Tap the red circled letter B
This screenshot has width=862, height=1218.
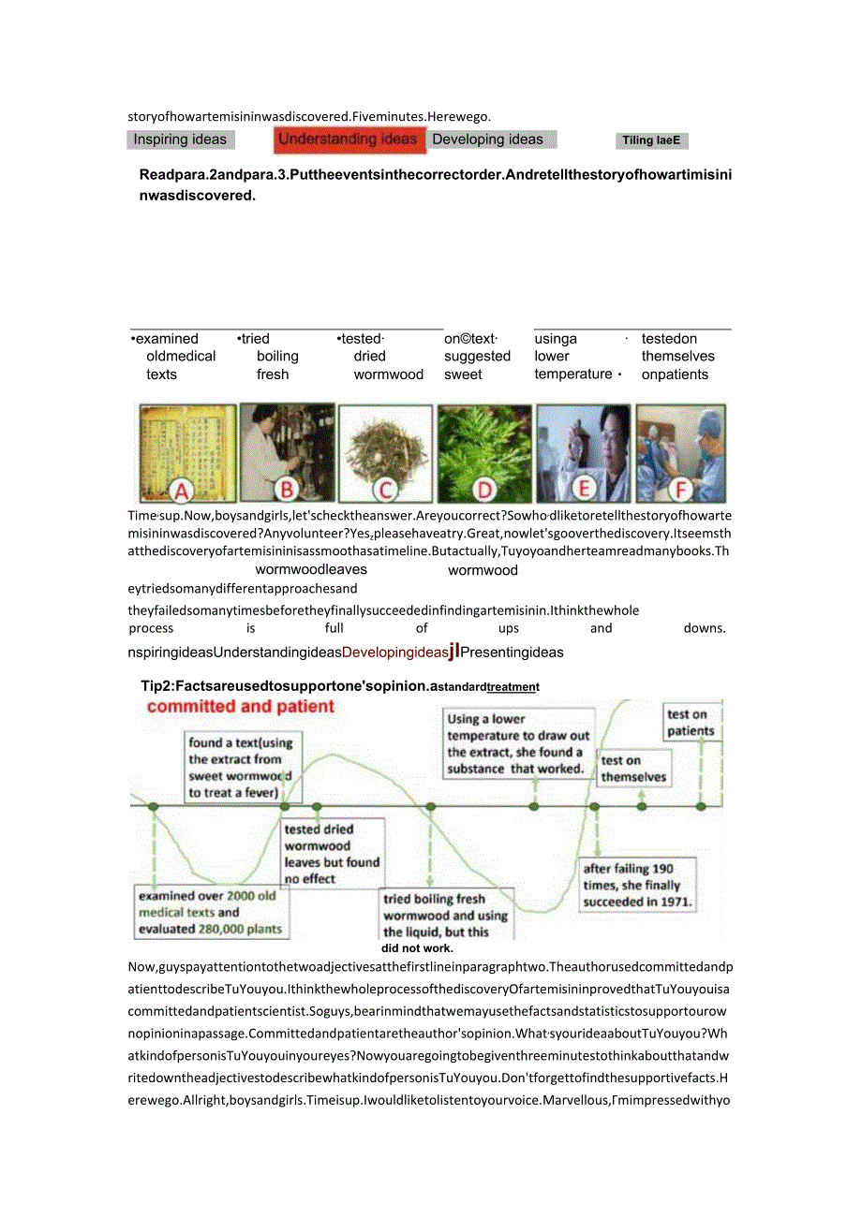tap(288, 489)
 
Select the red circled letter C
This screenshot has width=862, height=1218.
tap(386, 489)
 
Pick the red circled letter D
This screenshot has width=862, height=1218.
tap(484, 489)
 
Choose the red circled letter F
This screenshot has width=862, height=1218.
tap(681, 489)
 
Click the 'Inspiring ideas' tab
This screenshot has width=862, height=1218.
tap(180, 140)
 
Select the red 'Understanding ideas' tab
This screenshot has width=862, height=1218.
tap(348, 140)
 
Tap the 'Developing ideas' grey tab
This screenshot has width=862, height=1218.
tap(488, 140)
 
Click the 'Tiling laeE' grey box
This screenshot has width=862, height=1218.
tap(650, 141)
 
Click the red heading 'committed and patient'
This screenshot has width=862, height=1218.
tap(241, 707)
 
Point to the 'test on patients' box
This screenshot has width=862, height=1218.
tap(691, 723)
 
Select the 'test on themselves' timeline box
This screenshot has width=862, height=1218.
tap(634, 769)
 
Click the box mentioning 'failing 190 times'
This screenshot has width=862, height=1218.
tap(638, 886)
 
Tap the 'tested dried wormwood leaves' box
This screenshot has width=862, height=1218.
tap(332, 854)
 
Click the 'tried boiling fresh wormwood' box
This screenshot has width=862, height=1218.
tap(446, 915)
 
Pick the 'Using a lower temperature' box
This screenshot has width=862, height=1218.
tap(518, 744)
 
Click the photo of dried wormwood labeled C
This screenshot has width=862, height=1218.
tap(386, 449)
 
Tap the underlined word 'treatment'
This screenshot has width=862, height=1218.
tap(513, 687)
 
